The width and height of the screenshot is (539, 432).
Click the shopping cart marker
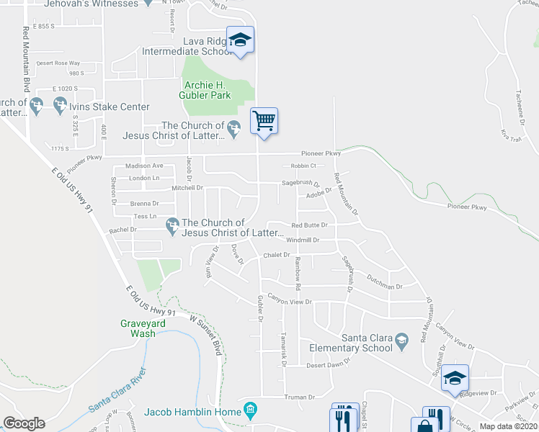point(264,120)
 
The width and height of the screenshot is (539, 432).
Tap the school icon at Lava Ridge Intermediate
point(240,39)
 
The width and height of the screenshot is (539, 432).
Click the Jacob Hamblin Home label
point(192,412)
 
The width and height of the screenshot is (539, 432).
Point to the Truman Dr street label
point(300,397)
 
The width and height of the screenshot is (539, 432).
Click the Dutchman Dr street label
point(384,287)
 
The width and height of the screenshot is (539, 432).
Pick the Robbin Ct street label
point(304,166)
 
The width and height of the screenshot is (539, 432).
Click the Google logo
point(24,423)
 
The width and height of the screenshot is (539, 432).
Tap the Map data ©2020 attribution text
point(507,426)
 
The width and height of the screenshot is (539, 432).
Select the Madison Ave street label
point(145,166)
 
